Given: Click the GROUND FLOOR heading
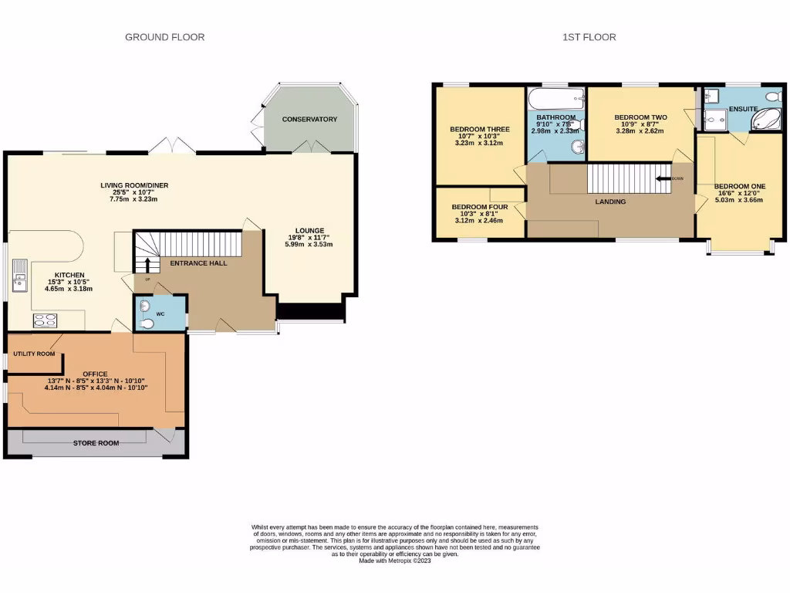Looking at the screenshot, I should (x=165, y=37).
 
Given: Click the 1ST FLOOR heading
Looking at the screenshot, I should (x=590, y=37).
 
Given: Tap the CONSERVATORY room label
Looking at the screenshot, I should (x=309, y=119).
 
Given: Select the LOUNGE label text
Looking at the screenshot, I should (x=309, y=230).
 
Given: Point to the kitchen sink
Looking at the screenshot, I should (x=19, y=276).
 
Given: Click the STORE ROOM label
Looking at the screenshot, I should (x=96, y=444).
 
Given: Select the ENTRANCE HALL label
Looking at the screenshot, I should (x=198, y=263).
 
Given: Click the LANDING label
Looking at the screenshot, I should (x=610, y=202).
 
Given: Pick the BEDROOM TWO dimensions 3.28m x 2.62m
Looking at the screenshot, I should (x=640, y=131).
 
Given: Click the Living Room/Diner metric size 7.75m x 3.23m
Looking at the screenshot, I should (x=134, y=199).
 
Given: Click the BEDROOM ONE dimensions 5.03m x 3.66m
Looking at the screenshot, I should (x=738, y=199).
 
